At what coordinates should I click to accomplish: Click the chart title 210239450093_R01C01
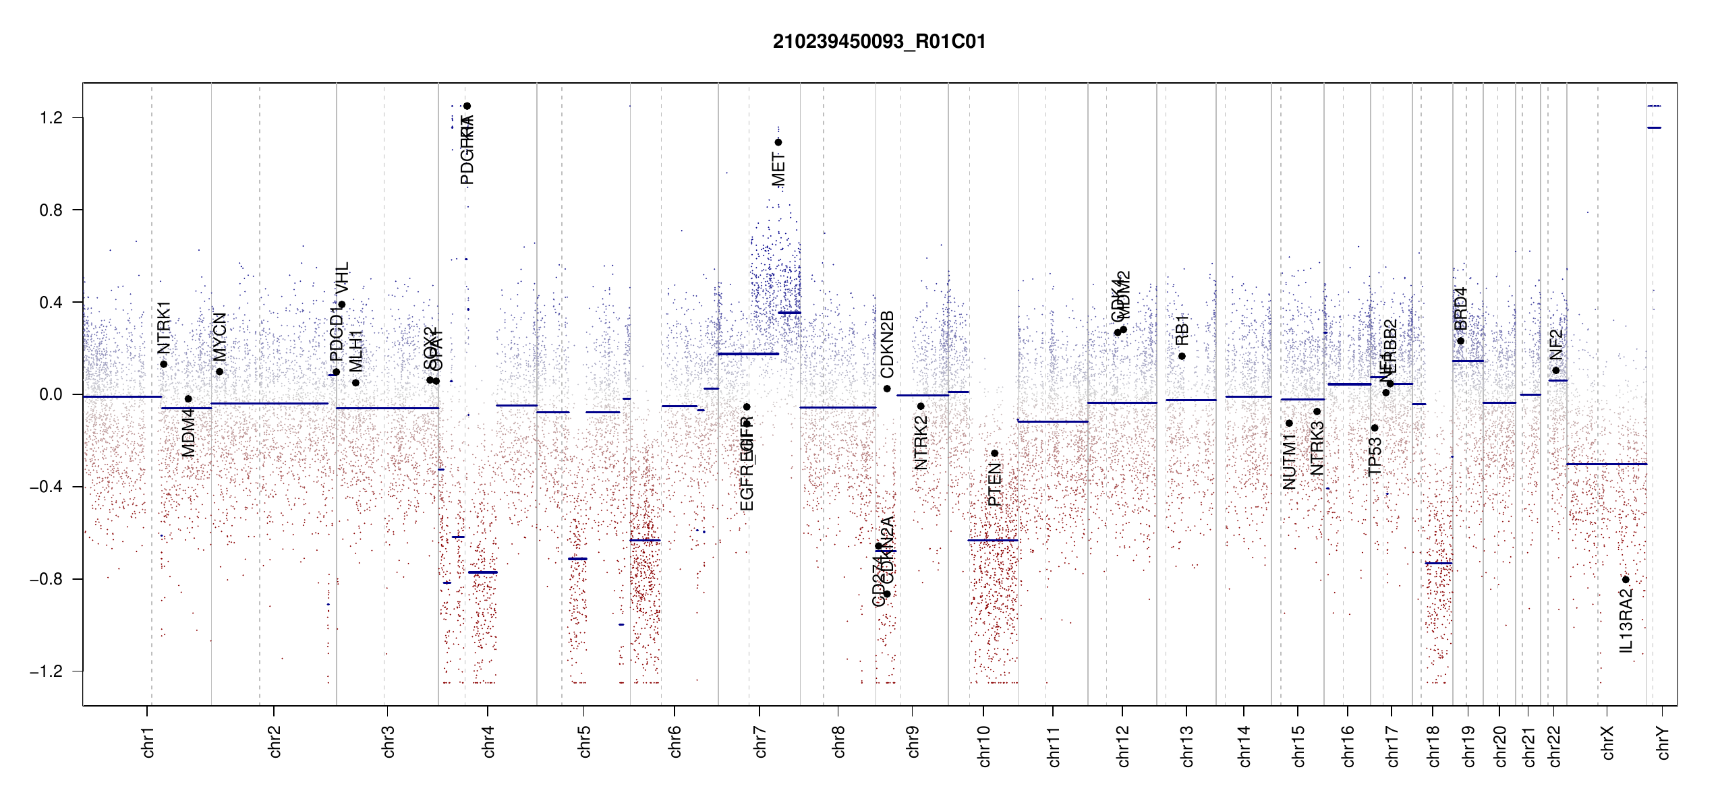click(x=879, y=42)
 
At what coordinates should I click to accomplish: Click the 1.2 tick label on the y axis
click(x=51, y=118)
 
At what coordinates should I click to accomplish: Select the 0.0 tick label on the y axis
click(x=51, y=394)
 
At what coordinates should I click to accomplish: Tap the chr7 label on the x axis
click(x=760, y=742)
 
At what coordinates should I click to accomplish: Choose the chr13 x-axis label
click(x=1186, y=746)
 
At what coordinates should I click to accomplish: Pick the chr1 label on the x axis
click(x=148, y=742)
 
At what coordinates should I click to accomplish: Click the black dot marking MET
click(x=778, y=142)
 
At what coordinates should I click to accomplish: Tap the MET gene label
click(x=778, y=169)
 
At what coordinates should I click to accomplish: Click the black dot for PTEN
click(x=994, y=453)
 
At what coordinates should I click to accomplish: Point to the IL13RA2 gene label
click(x=1626, y=620)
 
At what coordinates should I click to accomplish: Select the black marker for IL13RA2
click(x=1626, y=580)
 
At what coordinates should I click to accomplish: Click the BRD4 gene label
click(x=1460, y=309)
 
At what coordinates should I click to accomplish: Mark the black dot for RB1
click(x=1182, y=356)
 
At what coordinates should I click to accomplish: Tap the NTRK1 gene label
click(x=164, y=328)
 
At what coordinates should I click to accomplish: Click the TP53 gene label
click(x=1375, y=456)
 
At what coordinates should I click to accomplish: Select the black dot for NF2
click(x=1555, y=370)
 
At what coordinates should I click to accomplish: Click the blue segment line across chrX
click(x=1606, y=464)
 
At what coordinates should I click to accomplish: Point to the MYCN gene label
click(x=219, y=336)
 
